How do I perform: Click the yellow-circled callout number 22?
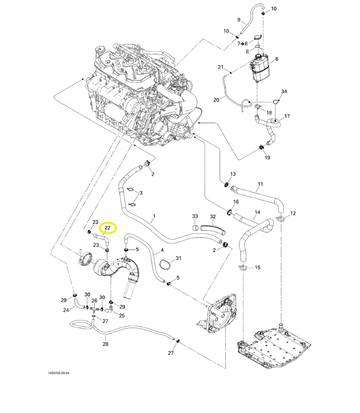pos(108,228)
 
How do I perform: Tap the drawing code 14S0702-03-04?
pos(59,373)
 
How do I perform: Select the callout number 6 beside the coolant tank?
pos(277,59)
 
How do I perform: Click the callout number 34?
pos(284,92)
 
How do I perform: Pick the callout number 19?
pos(267,157)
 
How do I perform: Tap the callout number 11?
pos(260,184)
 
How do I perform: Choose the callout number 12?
pos(293,213)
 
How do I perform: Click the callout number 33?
pos(195,216)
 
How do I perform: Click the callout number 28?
pos(105,344)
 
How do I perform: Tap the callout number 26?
pos(94,301)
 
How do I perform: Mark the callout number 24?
pos(66,310)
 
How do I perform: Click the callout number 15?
pos(257,268)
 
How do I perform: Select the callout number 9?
pos(239,20)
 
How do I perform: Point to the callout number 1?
pos(154,216)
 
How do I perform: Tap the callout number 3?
pos(141,193)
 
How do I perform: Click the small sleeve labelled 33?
pos(196,228)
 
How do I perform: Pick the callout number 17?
pos(287,116)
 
